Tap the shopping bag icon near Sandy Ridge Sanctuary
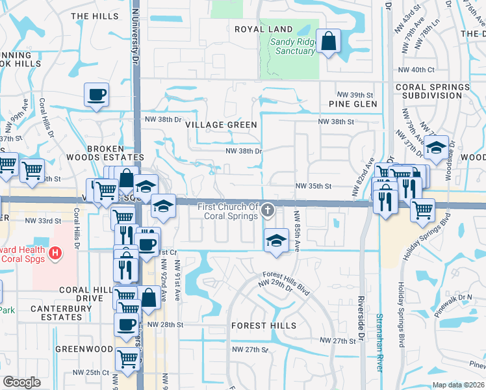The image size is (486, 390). [329, 41]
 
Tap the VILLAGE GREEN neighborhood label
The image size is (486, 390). [221, 125]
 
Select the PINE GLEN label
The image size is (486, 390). [353, 104]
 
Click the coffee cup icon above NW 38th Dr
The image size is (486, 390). [96, 95]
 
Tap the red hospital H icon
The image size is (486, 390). [56, 252]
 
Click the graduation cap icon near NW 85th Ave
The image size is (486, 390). [276, 241]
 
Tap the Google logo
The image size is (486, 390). [21, 382]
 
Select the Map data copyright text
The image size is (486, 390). [459, 385]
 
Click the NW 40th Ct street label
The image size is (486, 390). [416, 70]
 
